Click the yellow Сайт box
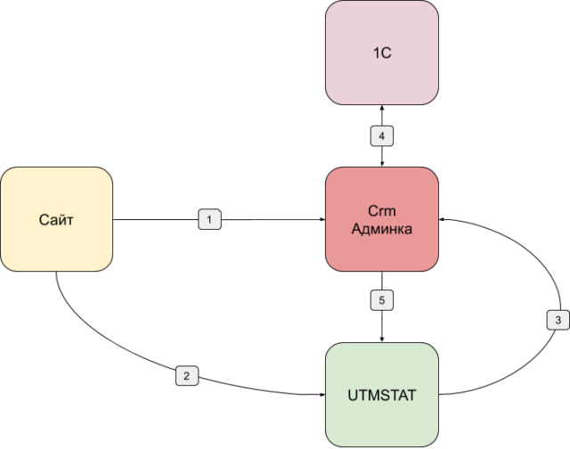(x=57, y=219)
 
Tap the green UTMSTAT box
(x=382, y=393)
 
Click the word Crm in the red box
(x=382, y=211)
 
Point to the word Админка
(x=382, y=228)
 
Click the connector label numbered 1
(x=209, y=218)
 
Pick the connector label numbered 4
(x=382, y=136)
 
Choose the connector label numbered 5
(x=382, y=300)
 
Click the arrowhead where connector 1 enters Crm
(x=322, y=218)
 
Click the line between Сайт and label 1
(x=156, y=218)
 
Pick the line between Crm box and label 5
(x=382, y=281)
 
